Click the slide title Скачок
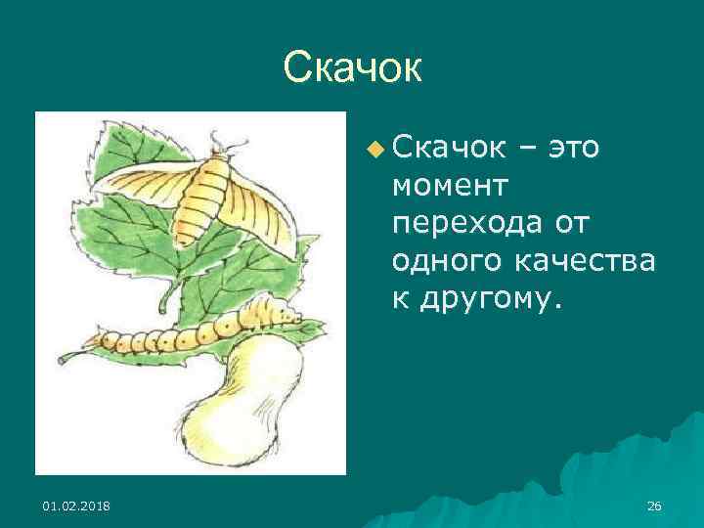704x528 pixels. tap(352, 67)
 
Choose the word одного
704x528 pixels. tap(439, 261)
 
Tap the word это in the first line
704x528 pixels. tap(576, 149)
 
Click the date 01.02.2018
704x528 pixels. tap(76, 505)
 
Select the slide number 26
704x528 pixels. tap(654, 505)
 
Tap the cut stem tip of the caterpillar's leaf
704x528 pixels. tap(62, 359)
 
